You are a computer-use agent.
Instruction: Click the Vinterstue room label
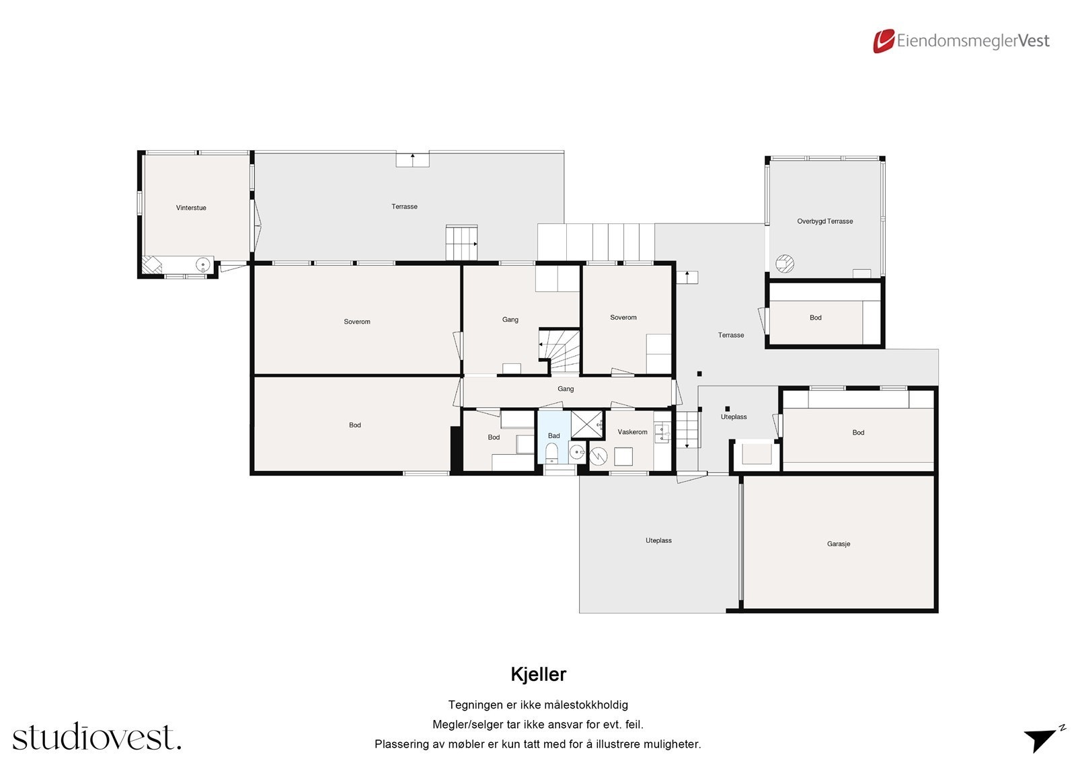tap(191, 208)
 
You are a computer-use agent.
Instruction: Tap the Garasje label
tap(839, 544)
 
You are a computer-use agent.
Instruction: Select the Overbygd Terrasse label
tap(824, 221)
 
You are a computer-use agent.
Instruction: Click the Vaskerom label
tap(632, 432)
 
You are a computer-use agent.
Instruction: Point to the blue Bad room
tap(553, 435)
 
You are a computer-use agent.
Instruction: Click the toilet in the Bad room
tap(551, 451)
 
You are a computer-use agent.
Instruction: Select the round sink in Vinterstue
tap(202, 264)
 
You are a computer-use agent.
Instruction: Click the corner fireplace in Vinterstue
tap(151, 265)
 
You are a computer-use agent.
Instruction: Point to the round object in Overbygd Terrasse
tap(785, 263)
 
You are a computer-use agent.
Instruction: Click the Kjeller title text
tap(538, 674)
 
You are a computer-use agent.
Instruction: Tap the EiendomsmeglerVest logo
tap(961, 41)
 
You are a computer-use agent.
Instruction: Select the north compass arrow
tap(1041, 738)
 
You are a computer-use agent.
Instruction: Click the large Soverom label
tap(356, 322)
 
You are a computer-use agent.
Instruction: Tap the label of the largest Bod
tap(354, 425)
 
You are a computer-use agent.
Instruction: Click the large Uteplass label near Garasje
tap(658, 540)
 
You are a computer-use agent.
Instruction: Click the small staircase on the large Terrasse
tap(461, 242)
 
